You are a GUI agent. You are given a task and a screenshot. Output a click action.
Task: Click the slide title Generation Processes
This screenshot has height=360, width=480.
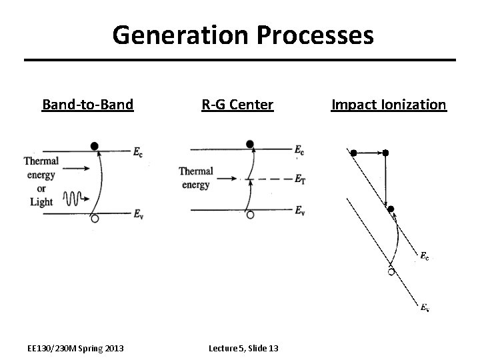[x=243, y=35]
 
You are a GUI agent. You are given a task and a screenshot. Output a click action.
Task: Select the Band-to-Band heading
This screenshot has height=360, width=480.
[x=87, y=105]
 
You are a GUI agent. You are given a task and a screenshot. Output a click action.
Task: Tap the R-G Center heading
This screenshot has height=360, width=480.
[x=238, y=105]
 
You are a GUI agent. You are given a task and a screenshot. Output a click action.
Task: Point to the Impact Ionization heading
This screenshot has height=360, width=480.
[x=389, y=105]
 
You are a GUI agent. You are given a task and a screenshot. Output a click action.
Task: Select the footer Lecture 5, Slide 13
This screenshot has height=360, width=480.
[x=243, y=348]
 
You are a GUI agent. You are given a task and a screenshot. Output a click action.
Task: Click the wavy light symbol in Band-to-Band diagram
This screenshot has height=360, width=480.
[x=71, y=198]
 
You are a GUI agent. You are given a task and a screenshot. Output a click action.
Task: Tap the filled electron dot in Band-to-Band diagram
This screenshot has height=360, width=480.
[x=95, y=145]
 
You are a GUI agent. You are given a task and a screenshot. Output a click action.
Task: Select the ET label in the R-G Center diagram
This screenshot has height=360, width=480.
[x=301, y=179]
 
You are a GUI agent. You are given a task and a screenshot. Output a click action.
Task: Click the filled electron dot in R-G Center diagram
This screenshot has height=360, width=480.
[x=250, y=143]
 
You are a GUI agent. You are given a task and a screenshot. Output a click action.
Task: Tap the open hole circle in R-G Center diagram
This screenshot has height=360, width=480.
[x=250, y=215]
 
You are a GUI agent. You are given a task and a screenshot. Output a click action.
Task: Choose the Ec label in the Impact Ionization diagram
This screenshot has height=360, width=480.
[x=425, y=255]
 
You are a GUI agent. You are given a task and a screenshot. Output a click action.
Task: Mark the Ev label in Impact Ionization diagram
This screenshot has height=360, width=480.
[x=425, y=307]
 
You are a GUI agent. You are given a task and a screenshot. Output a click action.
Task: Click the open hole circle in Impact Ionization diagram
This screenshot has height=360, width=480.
[x=391, y=271]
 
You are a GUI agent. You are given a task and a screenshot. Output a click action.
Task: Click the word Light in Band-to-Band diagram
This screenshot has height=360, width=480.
[x=41, y=201]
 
